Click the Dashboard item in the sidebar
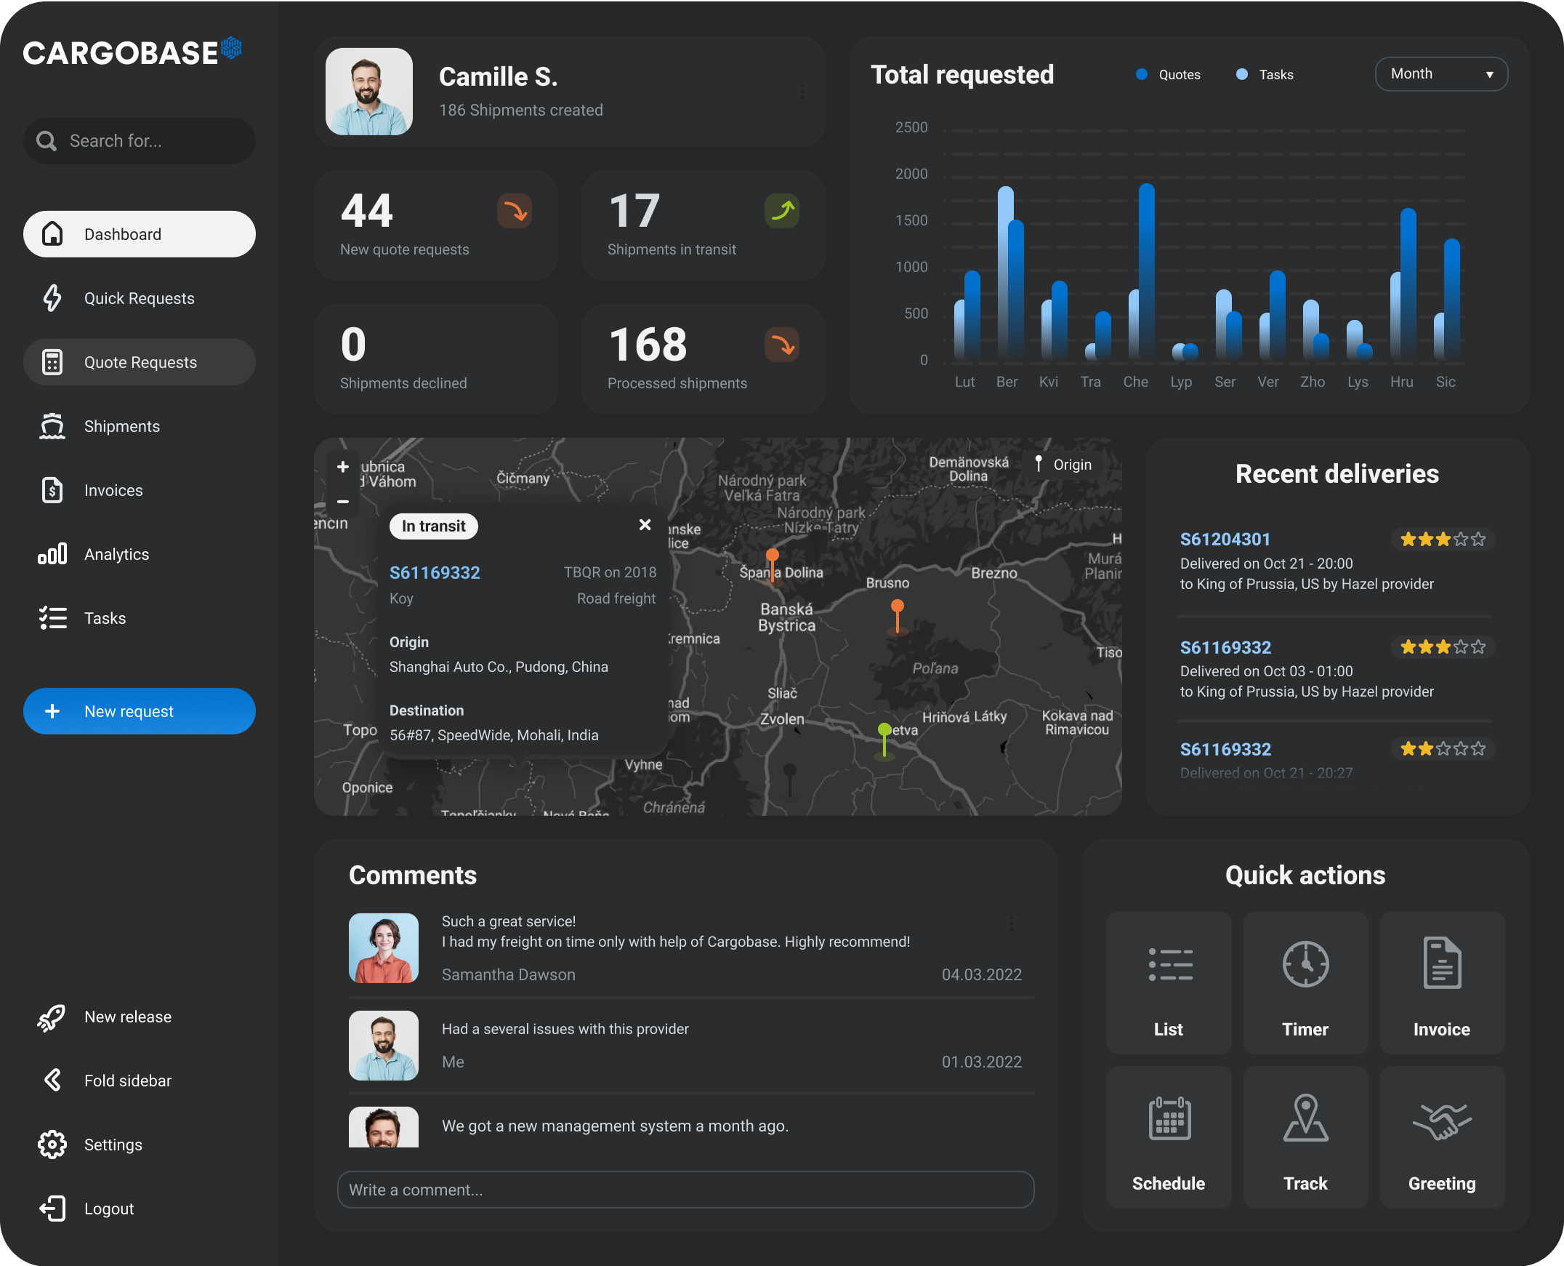139,234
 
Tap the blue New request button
139,711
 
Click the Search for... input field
146,141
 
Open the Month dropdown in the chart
1440,74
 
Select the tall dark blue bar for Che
1146,270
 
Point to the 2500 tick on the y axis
911,128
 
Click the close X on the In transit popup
645,525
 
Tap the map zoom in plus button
342,467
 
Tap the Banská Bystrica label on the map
786,617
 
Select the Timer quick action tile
1305,982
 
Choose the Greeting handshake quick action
1442,1136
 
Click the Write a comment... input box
685,1190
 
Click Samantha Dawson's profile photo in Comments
383,948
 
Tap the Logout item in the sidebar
108,1209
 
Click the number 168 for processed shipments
648,345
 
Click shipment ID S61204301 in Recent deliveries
1225,539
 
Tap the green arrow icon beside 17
782,211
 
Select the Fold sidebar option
126,1081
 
